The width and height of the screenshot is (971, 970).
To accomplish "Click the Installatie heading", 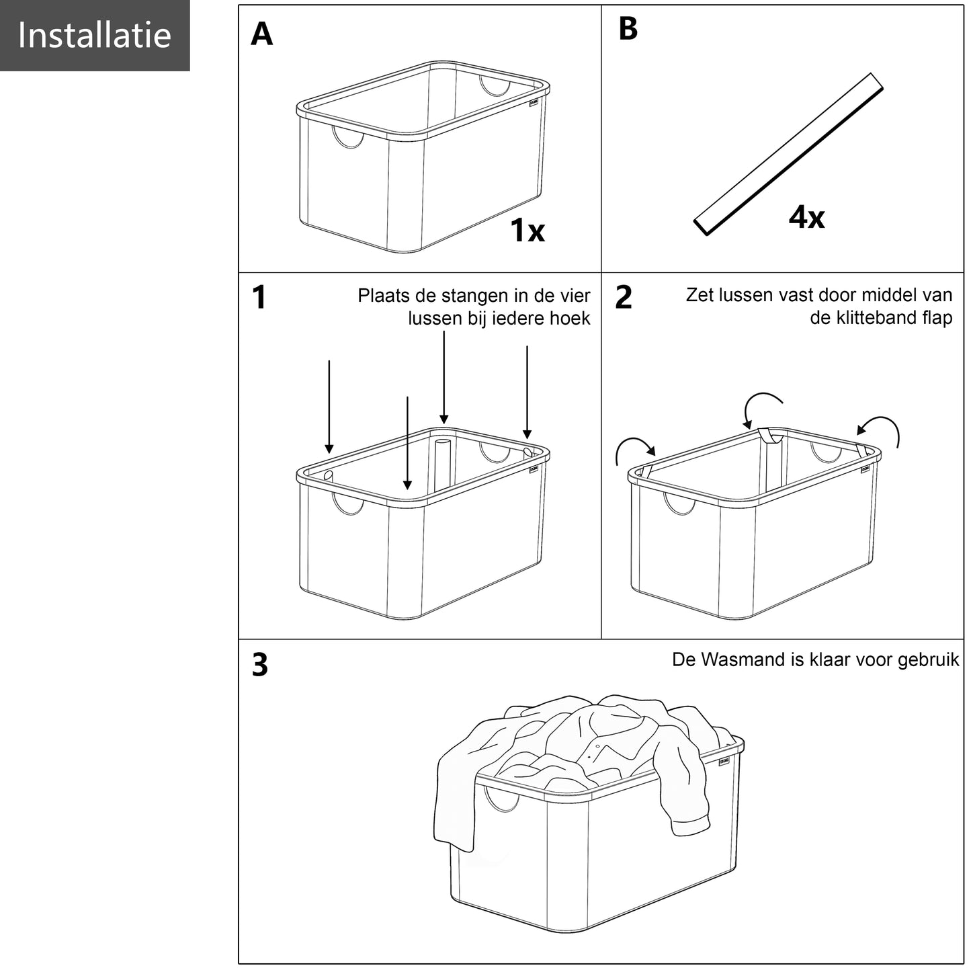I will (94, 35).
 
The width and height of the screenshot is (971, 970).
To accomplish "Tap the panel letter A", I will (261, 34).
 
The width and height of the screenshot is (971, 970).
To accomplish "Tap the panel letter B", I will (628, 29).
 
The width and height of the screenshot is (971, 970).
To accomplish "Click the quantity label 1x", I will (527, 231).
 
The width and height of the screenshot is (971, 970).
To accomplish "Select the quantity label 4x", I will (806, 217).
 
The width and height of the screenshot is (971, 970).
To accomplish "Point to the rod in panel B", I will (788, 155).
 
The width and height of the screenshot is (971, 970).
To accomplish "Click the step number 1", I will (259, 297).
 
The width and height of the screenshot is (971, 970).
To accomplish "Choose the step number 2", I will (624, 297).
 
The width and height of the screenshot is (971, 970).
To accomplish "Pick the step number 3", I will (260, 664).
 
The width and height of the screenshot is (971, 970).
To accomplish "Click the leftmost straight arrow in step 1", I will (329, 407).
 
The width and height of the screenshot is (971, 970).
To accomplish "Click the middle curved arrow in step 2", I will (761, 405).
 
